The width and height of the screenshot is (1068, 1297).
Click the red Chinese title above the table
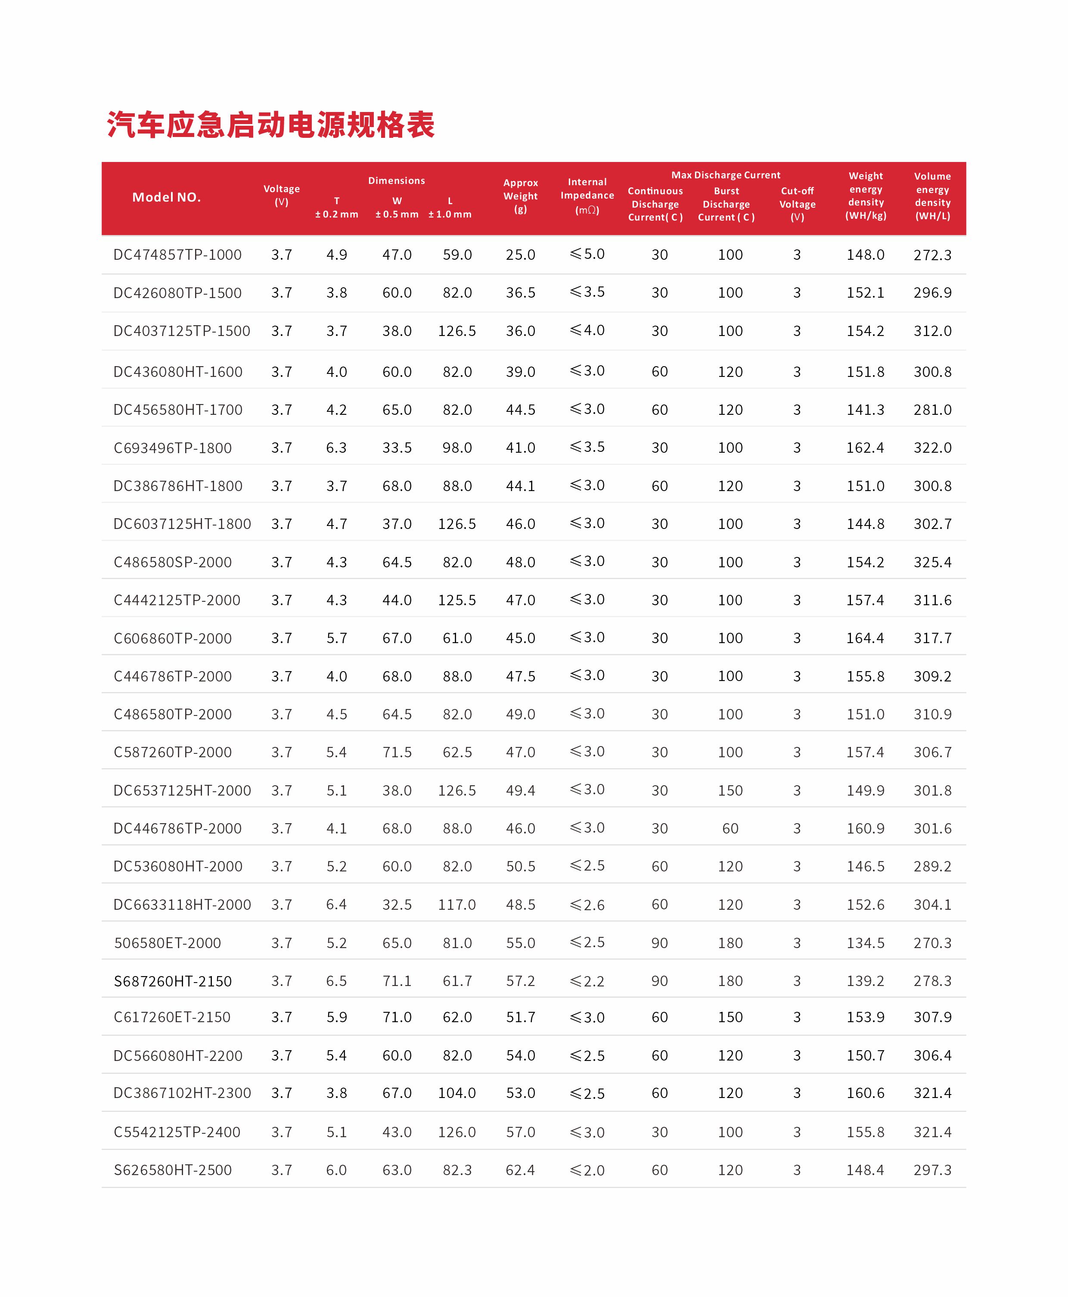pyautogui.click(x=271, y=125)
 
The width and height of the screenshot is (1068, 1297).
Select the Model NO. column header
pyautogui.click(x=166, y=198)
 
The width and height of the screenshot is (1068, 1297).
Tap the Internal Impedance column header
pyautogui.click(x=587, y=196)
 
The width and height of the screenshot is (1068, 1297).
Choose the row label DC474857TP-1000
pyautogui.click(x=177, y=255)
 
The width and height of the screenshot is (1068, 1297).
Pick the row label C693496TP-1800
pyautogui.click(x=172, y=448)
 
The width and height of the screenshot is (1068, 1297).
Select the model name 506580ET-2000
pyautogui.click(x=168, y=942)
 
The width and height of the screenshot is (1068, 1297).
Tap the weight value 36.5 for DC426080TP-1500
pyautogui.click(x=521, y=293)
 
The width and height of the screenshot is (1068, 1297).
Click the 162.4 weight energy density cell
pyautogui.click(x=865, y=448)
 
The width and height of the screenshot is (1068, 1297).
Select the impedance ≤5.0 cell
pyautogui.click(x=587, y=254)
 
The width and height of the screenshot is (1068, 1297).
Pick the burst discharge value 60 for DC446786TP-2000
pyautogui.click(x=730, y=828)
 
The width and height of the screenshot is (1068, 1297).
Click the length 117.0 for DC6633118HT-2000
pyautogui.click(x=456, y=905)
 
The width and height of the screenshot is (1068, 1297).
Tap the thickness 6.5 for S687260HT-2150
pyautogui.click(x=336, y=981)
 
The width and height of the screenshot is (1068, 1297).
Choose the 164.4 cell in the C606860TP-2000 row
pyautogui.click(x=865, y=638)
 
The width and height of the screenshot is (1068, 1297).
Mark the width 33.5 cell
pyautogui.click(x=397, y=448)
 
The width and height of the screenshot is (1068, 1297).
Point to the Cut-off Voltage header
pyautogui.click(x=797, y=204)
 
